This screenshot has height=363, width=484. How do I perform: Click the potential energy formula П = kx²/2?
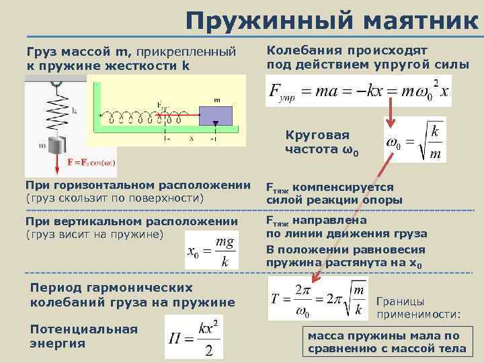(194, 338)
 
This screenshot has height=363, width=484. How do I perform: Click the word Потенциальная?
(84, 329)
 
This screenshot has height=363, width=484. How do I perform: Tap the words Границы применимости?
(419, 308)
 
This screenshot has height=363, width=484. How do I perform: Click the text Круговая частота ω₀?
(321, 142)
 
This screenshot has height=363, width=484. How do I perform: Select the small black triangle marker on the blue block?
(214, 123)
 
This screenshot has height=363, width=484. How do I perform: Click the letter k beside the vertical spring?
(74, 109)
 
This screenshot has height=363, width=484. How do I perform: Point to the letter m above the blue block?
(216, 100)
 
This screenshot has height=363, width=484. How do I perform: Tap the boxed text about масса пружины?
(386, 342)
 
